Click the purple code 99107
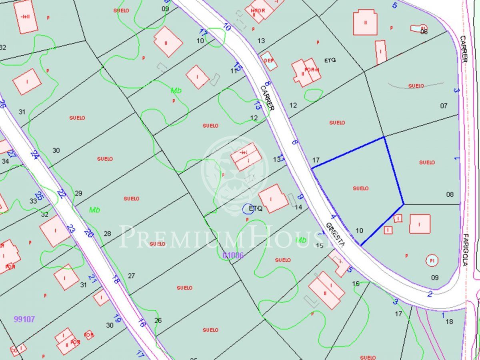pos(24,319)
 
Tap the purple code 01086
pos(233,255)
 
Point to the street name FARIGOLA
pos(465,250)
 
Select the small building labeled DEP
pos(269,61)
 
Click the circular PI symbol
pos(432,261)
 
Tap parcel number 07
pos(444,106)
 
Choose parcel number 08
pos(450,194)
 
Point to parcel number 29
pos(78,193)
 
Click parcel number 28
pos(107,234)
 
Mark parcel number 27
pos(131,276)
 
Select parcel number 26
pos(158,320)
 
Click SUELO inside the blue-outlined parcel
pos(360,188)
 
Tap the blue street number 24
pos(34,155)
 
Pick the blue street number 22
pos(61,194)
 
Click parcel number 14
pos(298,207)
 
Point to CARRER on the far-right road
pos(464,49)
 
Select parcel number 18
pos(449,322)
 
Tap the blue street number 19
pos(117,319)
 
